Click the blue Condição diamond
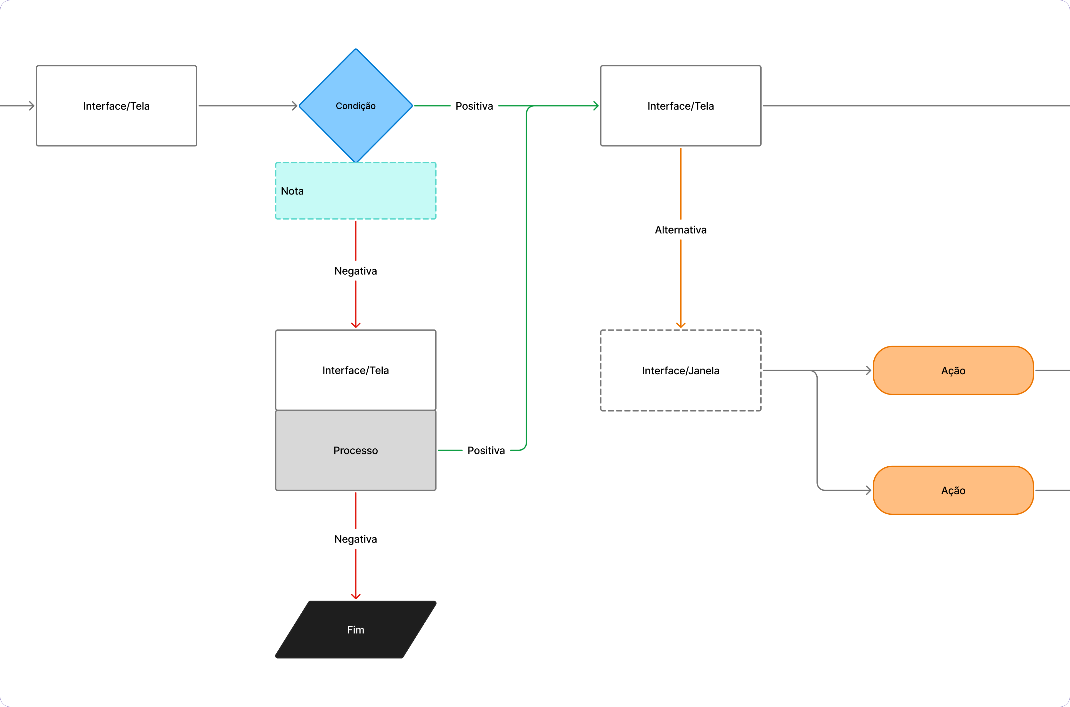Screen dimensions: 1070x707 coord(355,105)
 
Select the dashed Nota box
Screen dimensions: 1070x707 coord(355,191)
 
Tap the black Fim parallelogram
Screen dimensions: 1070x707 coord(355,629)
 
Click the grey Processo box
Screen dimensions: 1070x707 coord(355,450)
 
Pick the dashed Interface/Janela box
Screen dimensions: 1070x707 coord(680,370)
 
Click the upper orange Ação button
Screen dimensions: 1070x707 coord(953,370)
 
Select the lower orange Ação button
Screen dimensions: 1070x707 coord(953,490)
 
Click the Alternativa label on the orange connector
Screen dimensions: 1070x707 coord(680,230)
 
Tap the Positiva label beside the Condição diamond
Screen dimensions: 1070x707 coord(474,106)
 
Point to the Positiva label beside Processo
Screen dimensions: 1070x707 coord(486,450)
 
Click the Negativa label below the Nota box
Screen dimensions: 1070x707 coord(355,271)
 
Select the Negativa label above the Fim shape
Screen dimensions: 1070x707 coord(355,539)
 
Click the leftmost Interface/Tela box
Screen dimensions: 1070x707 coord(116,105)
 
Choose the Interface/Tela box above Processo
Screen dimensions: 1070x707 coord(355,370)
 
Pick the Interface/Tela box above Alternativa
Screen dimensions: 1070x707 coord(680,105)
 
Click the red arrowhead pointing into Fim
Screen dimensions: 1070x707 coord(355,596)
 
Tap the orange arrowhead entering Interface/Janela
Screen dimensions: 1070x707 coord(680,325)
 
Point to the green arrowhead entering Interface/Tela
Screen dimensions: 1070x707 coord(596,105)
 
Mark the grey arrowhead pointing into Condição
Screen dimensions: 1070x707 coord(294,105)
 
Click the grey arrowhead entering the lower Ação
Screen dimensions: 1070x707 coord(868,490)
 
